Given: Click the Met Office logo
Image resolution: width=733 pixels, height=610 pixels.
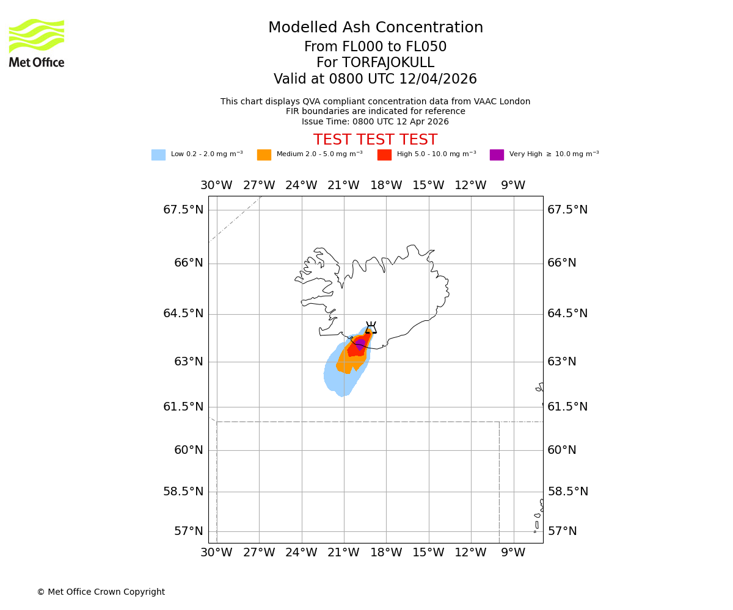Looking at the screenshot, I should pos(37,43).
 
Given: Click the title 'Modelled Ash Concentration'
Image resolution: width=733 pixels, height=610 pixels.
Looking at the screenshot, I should pos(375,28).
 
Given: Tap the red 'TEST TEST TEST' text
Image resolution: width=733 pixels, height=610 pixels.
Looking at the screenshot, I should pos(375,140).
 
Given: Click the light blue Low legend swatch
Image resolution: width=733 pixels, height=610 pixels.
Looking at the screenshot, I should pos(158,155).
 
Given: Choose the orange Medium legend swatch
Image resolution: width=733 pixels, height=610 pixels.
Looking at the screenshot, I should pos(264,155).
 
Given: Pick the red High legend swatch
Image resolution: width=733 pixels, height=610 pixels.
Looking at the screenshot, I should pos(384,155).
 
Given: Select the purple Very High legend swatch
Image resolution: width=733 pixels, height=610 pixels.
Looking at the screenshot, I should pos(497,155).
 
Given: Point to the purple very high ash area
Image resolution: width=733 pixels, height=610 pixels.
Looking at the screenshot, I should pos(360,344).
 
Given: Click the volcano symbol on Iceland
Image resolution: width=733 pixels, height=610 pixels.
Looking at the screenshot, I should pos(371,328).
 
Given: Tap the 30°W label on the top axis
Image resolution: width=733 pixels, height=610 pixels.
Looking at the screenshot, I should pos(216,185).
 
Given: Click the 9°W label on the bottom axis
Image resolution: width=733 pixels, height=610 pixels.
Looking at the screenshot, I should pos(513,553).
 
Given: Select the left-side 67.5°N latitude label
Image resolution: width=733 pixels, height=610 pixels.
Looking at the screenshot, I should pos(183,210).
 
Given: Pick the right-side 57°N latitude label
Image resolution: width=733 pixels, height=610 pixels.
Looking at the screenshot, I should pos(562,531).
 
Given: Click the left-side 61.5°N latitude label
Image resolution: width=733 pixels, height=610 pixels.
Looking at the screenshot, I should pos(183,407).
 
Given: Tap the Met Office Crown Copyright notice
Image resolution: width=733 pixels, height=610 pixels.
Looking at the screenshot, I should pos(101,592).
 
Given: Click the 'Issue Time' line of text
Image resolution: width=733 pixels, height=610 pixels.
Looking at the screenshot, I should pos(375,121).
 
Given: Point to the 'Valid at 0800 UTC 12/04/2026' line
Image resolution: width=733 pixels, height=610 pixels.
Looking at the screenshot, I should pos(375,79).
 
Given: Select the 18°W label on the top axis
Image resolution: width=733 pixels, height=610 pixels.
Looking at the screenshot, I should pos(386,185).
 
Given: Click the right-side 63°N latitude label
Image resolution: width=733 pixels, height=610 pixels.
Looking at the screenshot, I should pos(562,362).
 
